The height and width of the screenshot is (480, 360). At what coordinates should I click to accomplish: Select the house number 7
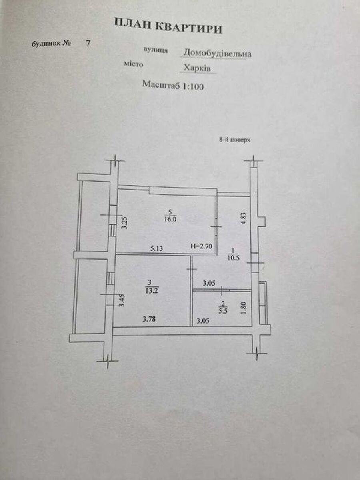point(88,44)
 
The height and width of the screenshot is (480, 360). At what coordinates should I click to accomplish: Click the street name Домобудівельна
point(217,53)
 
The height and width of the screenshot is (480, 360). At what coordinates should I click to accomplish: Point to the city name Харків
point(197,68)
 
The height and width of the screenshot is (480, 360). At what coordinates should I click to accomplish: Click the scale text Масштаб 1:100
point(173,85)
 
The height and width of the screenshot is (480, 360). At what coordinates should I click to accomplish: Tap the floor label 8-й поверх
point(234,140)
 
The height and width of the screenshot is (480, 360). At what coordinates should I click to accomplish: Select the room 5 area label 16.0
point(171,219)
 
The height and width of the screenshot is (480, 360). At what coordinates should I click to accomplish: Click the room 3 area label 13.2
point(153,291)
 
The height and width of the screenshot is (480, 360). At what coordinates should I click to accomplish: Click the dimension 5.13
point(157,248)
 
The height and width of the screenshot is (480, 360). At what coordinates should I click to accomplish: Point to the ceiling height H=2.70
point(201,246)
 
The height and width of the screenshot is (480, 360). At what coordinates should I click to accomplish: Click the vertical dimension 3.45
point(122,301)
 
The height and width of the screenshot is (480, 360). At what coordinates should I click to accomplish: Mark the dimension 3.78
point(149,319)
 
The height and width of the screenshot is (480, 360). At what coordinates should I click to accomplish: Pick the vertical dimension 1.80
point(244,308)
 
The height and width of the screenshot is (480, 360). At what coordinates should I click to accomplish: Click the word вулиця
point(156,50)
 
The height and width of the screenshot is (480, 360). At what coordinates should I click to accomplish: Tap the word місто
point(134,64)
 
